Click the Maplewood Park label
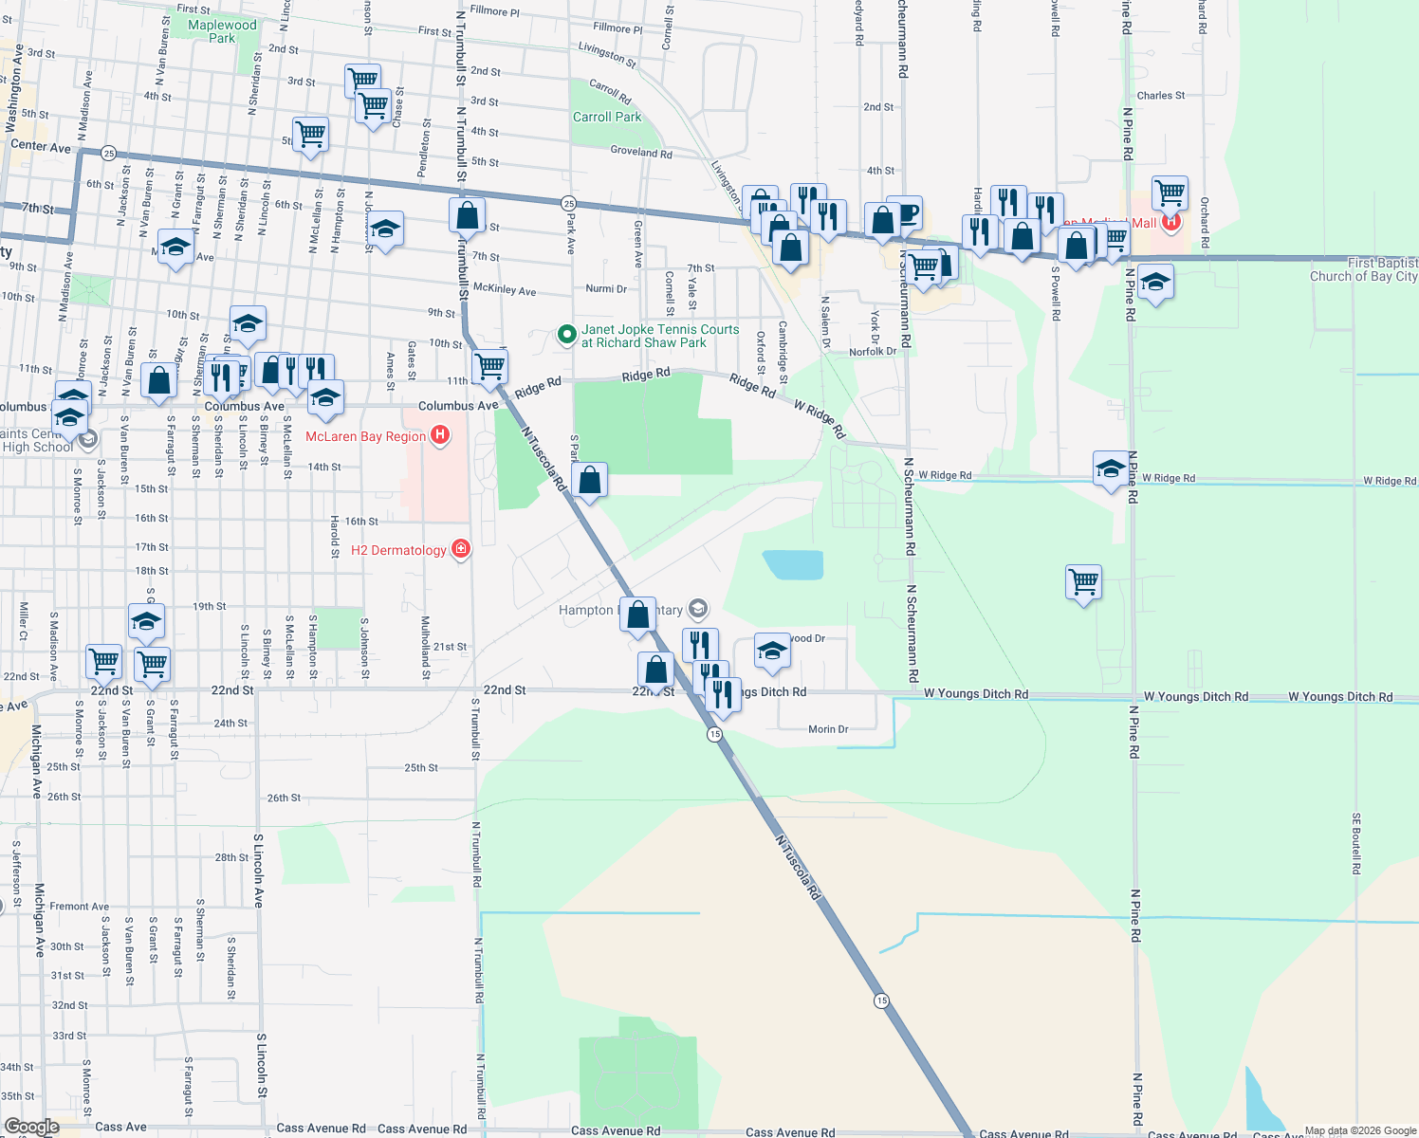(x=222, y=31)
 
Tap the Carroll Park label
(x=607, y=117)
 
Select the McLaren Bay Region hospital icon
(x=440, y=435)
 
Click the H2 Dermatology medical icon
(x=461, y=549)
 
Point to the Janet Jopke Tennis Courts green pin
(x=566, y=334)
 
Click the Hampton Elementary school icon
(x=698, y=608)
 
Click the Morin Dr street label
(x=828, y=729)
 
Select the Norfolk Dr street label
(x=873, y=352)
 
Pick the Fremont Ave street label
(x=80, y=907)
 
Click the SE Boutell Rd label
(x=1356, y=843)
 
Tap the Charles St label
(x=1160, y=96)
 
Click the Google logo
(x=32, y=1127)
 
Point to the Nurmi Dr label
(x=606, y=288)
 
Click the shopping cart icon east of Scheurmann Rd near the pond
(x=1083, y=581)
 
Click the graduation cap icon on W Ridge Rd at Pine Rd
(x=1111, y=468)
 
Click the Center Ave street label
(x=41, y=146)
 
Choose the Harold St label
(x=334, y=536)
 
